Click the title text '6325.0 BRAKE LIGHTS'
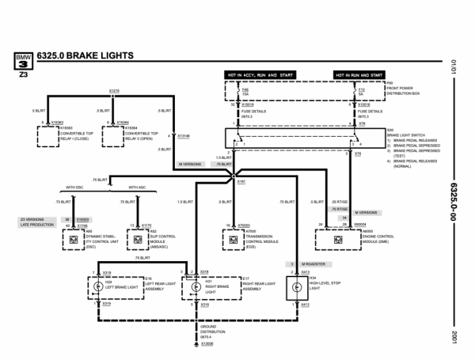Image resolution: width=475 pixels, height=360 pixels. click(x=87, y=55)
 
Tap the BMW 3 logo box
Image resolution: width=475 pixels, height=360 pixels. click(x=21, y=59)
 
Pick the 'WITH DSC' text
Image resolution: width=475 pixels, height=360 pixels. click(x=75, y=188)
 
